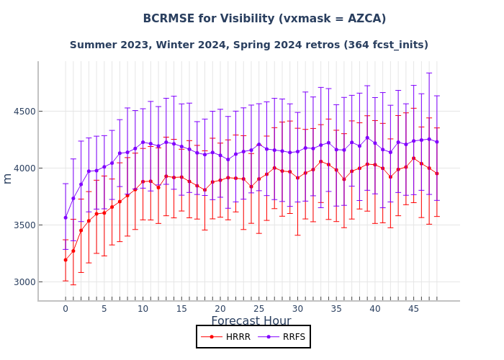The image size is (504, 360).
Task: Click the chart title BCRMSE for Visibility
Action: (264, 19)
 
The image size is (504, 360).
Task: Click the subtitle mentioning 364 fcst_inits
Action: (248, 45)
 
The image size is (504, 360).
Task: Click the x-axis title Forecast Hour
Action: (251, 321)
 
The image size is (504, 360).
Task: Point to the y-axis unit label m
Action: (8, 178)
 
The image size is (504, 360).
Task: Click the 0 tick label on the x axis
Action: (66, 310)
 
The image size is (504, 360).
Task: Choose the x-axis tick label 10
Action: (143, 310)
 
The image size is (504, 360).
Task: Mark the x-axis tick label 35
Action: (336, 310)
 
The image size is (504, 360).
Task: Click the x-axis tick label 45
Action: (413, 310)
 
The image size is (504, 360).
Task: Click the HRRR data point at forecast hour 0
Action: (66, 260)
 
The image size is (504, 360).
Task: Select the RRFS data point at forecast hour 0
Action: (66, 217)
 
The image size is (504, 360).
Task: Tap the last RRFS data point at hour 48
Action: (436, 142)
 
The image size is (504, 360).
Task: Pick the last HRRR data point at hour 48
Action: (436, 174)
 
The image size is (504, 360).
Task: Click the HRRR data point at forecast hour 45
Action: (413, 158)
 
